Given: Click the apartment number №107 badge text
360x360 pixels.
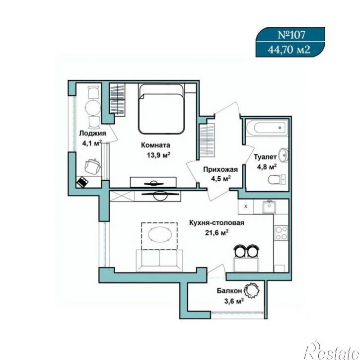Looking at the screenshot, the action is (291, 35).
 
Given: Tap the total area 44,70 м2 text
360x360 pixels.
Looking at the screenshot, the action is (289, 50).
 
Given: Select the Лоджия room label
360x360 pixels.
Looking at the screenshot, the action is (92, 134).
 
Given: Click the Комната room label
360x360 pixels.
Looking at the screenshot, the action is (155, 145).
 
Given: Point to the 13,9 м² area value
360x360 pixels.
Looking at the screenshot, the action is (158, 155).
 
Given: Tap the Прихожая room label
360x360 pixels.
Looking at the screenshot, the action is (220, 169).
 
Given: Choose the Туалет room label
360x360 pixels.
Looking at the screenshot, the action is (265, 157).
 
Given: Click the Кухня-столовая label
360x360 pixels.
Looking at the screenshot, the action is (216, 223).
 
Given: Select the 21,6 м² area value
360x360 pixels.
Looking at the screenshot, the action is (216, 233).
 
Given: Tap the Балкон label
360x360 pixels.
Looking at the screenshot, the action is (229, 291).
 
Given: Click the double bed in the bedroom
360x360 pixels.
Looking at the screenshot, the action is (161, 109).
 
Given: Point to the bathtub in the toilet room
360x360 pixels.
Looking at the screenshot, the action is (267, 127).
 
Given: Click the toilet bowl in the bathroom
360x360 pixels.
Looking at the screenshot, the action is (277, 179).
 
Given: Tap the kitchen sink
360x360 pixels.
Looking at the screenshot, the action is (270, 207).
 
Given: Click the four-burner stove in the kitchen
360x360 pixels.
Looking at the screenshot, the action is (281, 233).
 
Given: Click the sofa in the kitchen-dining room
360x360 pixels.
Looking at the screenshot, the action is (159, 261).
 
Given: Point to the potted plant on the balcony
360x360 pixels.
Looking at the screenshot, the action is (251, 290).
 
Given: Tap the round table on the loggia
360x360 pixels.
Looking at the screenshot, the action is (93, 107).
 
